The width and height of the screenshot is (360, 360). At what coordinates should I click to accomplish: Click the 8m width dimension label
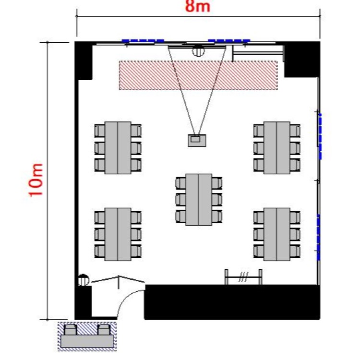[198, 6]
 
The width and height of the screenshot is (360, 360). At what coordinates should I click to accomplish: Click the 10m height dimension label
[36, 180]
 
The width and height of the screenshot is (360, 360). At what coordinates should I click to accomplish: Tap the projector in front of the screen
[197, 140]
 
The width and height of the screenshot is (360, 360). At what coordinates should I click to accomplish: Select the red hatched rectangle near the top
[198, 75]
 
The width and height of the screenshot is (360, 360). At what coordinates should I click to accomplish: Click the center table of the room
[199, 199]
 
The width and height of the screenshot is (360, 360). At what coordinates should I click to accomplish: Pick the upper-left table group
[118, 148]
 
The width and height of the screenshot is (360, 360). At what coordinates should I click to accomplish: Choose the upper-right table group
[277, 148]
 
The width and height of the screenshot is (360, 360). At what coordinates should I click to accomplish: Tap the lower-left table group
[118, 234]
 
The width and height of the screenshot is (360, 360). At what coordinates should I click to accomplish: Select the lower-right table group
[277, 234]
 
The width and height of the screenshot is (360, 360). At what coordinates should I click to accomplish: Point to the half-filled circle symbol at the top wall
[198, 50]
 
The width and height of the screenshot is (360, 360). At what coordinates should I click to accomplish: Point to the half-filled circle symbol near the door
[83, 279]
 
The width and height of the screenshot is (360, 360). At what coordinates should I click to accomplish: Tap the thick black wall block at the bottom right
[232, 302]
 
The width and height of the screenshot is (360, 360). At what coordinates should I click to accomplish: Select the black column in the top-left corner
[84, 60]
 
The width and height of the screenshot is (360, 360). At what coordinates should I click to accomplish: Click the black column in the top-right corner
[301, 60]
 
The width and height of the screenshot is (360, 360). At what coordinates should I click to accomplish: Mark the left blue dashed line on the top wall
[143, 41]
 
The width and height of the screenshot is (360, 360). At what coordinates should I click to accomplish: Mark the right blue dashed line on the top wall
[228, 41]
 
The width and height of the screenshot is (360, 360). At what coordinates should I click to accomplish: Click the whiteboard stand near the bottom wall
[244, 277]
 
